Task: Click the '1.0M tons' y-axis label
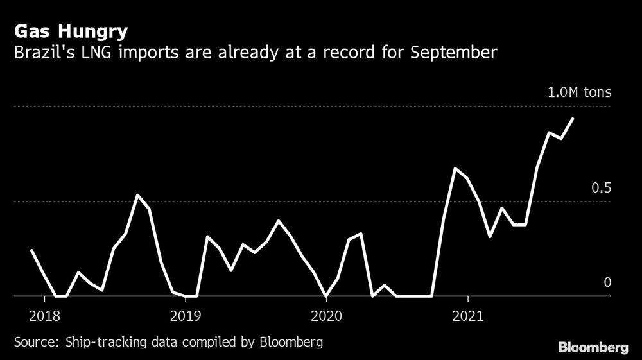pyautogui.click(x=579, y=92)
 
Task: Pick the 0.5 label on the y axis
pyautogui.click(x=602, y=188)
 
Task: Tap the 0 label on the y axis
pyautogui.click(x=607, y=283)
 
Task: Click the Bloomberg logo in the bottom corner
pyautogui.click(x=593, y=348)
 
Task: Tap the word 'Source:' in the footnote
pyautogui.click(x=35, y=341)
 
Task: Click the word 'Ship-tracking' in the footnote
pyautogui.click(x=100, y=341)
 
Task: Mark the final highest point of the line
pyautogui.click(x=573, y=118)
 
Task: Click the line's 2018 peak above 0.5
pyautogui.click(x=137, y=194)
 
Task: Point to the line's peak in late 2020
pyautogui.click(x=455, y=168)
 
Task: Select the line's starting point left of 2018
pyautogui.click(x=31, y=250)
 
